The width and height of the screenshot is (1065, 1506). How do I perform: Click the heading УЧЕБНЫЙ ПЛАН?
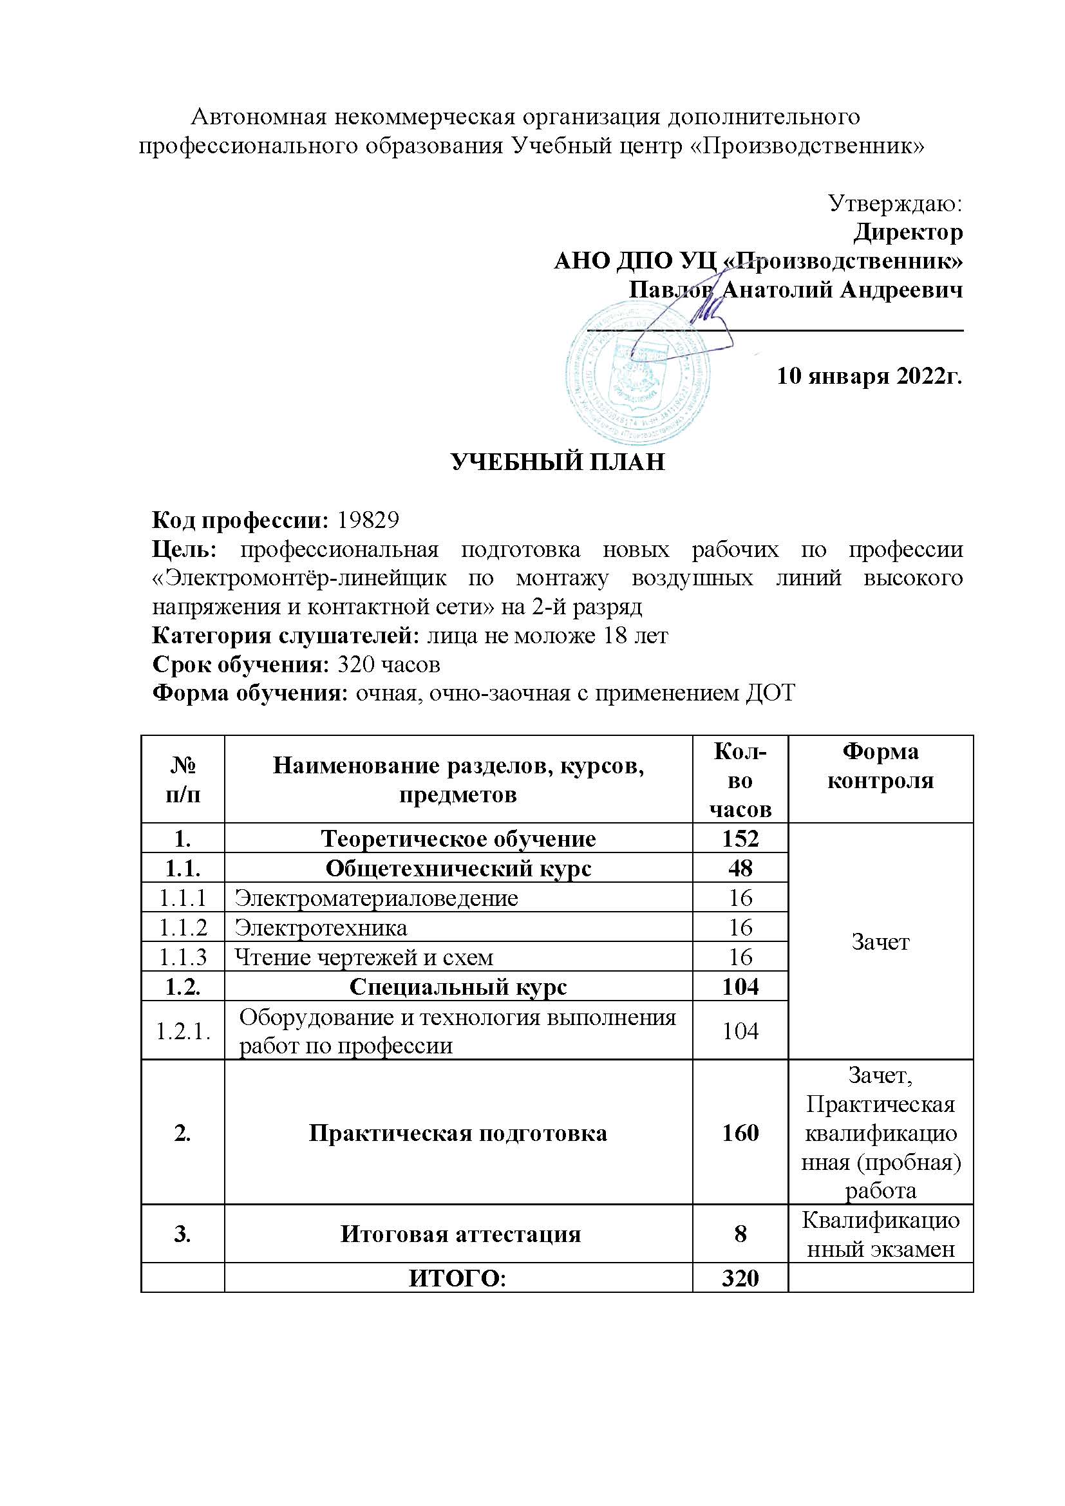558,462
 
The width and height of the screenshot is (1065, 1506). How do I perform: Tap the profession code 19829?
368,520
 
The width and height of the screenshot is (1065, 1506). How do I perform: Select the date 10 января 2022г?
869,376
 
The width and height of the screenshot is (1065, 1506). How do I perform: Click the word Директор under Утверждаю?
909,232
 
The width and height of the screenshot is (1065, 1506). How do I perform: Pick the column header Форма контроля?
880,766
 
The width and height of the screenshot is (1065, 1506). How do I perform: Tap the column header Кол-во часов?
740,780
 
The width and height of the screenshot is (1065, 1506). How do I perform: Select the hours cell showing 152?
740,839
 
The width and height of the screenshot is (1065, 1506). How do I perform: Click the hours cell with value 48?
740,869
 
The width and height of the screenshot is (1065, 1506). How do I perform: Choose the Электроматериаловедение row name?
377,898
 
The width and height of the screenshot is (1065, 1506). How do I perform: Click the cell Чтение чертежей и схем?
364,957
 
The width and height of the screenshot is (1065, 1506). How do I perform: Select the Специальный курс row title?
458,986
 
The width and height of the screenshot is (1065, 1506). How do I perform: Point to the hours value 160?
740,1133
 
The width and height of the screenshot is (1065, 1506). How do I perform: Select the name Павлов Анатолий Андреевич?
795,289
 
